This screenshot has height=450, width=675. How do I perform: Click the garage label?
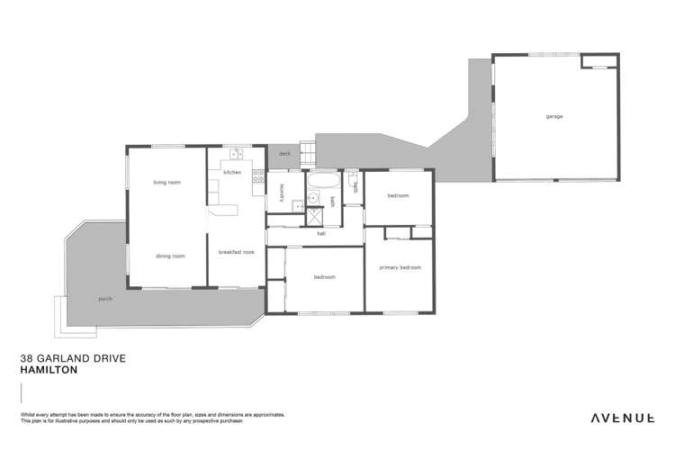point(554,116)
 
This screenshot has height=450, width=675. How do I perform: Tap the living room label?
point(166,183)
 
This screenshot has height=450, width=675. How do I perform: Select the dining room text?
point(169,256)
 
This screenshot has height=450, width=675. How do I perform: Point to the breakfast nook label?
point(237,252)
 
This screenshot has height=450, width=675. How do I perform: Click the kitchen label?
point(232,172)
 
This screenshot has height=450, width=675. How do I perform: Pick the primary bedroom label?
point(400,267)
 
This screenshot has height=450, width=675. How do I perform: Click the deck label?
point(283,154)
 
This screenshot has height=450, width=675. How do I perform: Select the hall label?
point(320,233)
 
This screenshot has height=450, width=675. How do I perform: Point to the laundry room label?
point(283,192)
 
